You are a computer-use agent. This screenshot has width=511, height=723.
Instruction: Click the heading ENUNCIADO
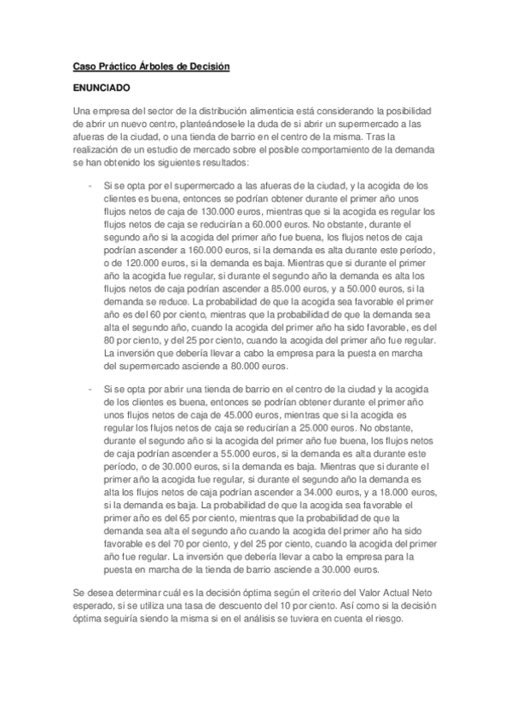[102, 87]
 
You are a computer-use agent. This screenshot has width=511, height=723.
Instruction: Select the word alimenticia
[252, 112]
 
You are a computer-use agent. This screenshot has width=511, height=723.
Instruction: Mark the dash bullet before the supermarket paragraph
[90, 185]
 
